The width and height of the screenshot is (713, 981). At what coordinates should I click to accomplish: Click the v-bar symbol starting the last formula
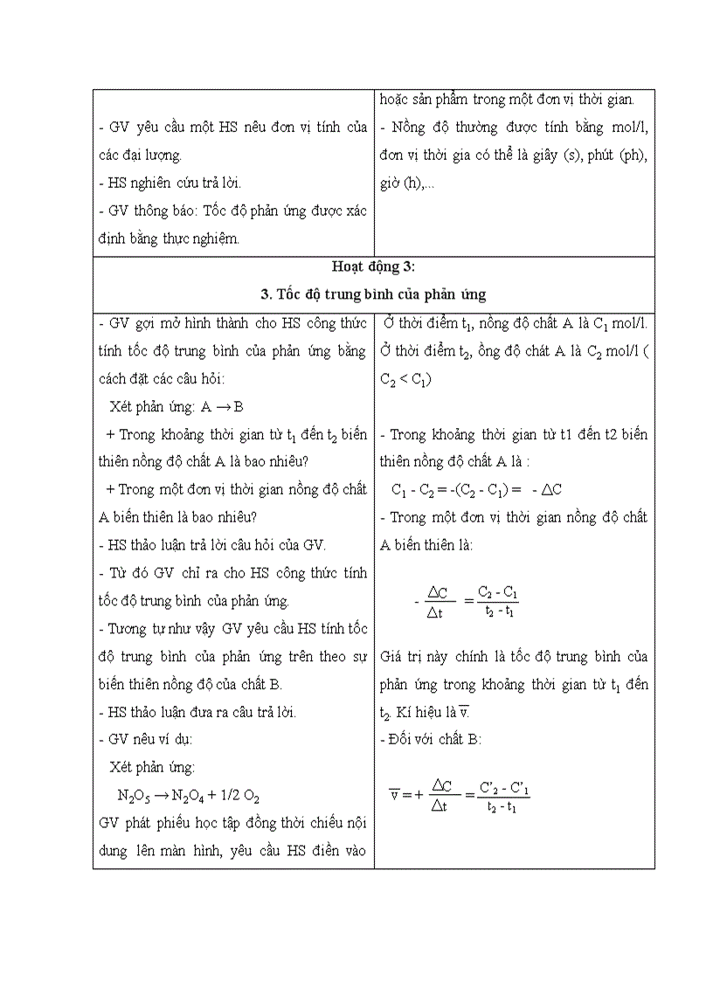(x=394, y=794)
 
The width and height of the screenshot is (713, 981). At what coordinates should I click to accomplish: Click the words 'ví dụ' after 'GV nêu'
(x=174, y=739)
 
